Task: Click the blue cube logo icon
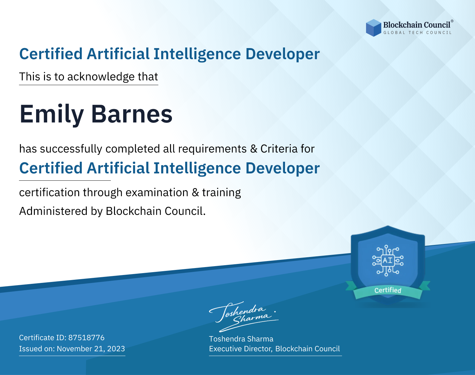coord(373,28)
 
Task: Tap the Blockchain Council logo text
coord(417,25)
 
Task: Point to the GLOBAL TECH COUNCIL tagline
coord(417,33)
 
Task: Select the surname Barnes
coord(131,114)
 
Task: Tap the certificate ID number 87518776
coord(86,338)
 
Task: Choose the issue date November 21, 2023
coord(91,349)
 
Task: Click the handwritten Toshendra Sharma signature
coord(244,316)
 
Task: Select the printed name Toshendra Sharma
coord(241,339)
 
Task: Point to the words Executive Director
coord(240,349)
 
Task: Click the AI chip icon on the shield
coord(388,260)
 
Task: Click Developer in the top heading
coord(282,54)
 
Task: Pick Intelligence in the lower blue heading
coord(197,169)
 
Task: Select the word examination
coord(157,192)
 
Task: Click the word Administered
coord(53,211)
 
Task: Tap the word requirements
coord(212,149)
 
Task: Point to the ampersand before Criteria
coord(254,149)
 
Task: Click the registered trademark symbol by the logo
coord(452,21)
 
